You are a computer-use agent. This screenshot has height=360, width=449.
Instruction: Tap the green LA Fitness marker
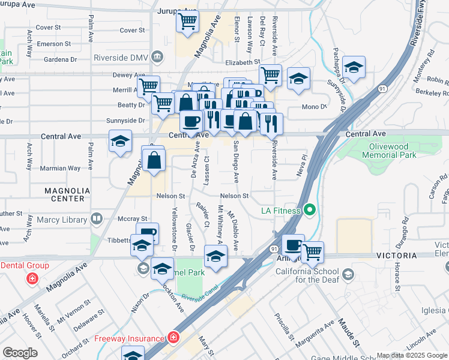(x=309, y=210)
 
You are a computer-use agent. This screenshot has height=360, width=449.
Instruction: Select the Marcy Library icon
(x=96, y=220)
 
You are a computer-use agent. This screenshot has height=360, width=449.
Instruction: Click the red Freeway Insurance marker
(x=174, y=338)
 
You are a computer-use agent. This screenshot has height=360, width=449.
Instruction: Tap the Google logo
(x=19, y=353)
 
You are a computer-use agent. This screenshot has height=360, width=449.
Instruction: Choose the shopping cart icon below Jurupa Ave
(x=187, y=22)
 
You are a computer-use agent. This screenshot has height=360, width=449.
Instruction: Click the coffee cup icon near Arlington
(x=293, y=245)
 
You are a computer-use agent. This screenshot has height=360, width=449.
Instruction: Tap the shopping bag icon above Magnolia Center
(x=154, y=160)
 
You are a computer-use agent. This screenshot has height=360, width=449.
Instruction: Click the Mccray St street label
(x=132, y=219)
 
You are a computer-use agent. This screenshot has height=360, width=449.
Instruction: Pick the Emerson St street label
(x=53, y=44)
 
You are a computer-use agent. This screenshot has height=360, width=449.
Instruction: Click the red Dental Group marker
(x=31, y=278)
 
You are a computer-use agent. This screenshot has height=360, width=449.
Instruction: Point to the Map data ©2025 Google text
(x=411, y=355)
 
